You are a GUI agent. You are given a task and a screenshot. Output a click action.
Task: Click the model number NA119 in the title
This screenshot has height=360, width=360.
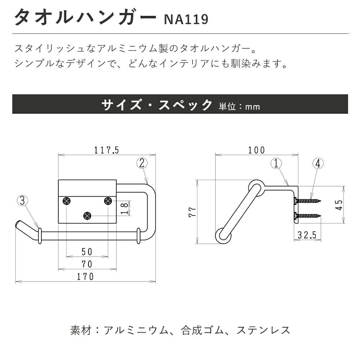pyautogui.click(x=186, y=19)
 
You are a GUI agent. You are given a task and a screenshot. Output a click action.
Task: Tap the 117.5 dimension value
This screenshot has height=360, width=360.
pyautogui.click(x=107, y=150)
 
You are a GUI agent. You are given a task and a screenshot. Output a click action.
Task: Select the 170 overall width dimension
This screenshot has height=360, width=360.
pyautogui.click(x=85, y=276)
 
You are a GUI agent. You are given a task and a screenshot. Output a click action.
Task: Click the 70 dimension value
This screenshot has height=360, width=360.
pyautogui.click(x=87, y=264)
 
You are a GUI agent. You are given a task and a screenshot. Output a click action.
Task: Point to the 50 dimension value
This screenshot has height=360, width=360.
pyautogui.click(x=87, y=252)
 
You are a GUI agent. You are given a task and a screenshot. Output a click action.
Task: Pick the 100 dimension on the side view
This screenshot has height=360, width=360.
pyautogui.click(x=256, y=150)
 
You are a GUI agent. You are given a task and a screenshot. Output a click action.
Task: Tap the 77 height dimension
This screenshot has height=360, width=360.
pyautogui.click(x=193, y=211)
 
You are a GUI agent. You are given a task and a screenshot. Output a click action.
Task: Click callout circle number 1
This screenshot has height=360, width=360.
pyautogui.click(x=276, y=164)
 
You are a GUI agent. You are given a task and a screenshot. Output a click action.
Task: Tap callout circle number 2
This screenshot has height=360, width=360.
pyautogui.click(x=142, y=163)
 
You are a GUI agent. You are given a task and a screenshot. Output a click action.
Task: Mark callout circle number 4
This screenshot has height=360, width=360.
pyautogui.click(x=318, y=164)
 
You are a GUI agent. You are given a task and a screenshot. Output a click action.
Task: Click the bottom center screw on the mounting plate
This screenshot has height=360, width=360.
pyautogui.click(x=87, y=216)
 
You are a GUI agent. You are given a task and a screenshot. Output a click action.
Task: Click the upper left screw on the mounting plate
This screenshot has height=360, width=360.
pyautogui.click(x=67, y=201)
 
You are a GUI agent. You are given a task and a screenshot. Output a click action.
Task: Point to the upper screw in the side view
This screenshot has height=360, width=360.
pyautogui.click(x=308, y=200)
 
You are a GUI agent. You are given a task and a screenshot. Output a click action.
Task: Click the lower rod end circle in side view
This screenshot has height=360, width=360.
pyautogui.click(x=224, y=236)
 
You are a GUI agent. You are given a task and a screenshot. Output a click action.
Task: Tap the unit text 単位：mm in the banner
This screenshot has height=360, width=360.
pyautogui.click(x=239, y=107)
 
